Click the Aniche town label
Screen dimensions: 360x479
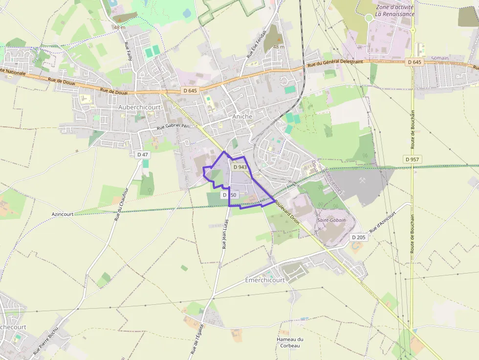pos(242,116)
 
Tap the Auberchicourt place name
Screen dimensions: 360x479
pos(139,107)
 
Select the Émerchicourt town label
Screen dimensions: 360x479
pos(264,280)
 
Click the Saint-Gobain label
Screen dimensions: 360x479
pos(331,220)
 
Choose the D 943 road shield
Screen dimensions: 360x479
pos(239,167)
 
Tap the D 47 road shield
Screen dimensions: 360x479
pos(143,154)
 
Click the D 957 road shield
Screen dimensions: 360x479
pos(413,159)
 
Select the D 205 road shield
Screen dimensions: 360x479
pos(359,237)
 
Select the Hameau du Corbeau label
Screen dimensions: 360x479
pos(290,342)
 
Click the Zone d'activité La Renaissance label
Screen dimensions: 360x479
pos(394,11)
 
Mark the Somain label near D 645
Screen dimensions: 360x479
pos(440,58)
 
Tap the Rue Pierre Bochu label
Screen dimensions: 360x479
pos(45,340)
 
